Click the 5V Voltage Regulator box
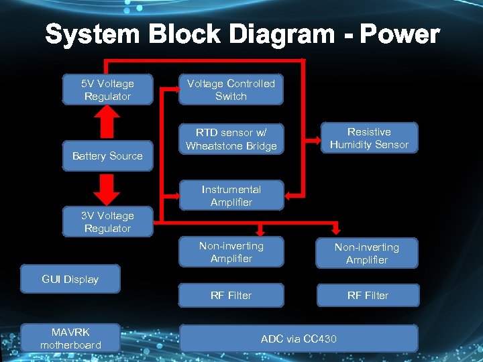tap(107, 90)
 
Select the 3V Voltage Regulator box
tap(107, 222)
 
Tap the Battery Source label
tap(107, 156)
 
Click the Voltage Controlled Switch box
tap(231, 90)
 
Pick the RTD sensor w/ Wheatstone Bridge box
tap(231, 139)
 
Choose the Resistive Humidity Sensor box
tap(368, 138)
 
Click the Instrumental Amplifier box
tap(231, 196)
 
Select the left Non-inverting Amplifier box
tap(231, 252)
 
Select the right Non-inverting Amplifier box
tap(367, 253)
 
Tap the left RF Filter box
tap(231, 295)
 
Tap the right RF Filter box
tap(367, 295)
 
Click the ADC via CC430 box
tap(299, 339)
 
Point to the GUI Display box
tap(70, 280)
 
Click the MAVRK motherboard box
tap(70, 339)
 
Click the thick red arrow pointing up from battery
tap(107, 122)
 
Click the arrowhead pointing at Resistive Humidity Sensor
tap(317, 141)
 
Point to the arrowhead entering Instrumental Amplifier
tap(288, 195)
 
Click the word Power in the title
tap(399, 35)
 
